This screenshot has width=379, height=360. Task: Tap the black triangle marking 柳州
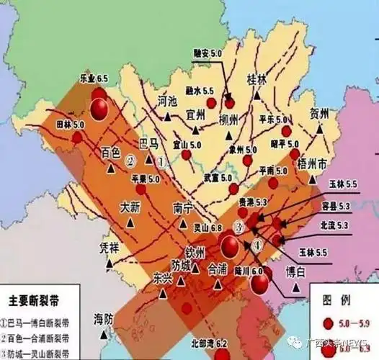tap(229, 134)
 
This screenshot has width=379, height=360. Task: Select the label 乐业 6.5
tap(92, 78)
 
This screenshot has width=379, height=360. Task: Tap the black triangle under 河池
tap(167, 116)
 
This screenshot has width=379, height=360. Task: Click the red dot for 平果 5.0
tap(141, 189)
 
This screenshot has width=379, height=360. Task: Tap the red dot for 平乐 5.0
tap(286, 131)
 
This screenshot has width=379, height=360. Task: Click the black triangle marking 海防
tap(107, 333)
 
